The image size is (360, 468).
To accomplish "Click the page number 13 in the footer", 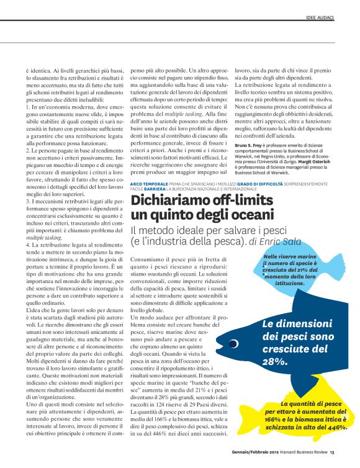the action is (x=333, y=452).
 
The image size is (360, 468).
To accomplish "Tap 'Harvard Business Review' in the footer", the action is (x=302, y=452).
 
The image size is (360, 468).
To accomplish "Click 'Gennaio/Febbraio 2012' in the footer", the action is (x=249, y=452).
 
